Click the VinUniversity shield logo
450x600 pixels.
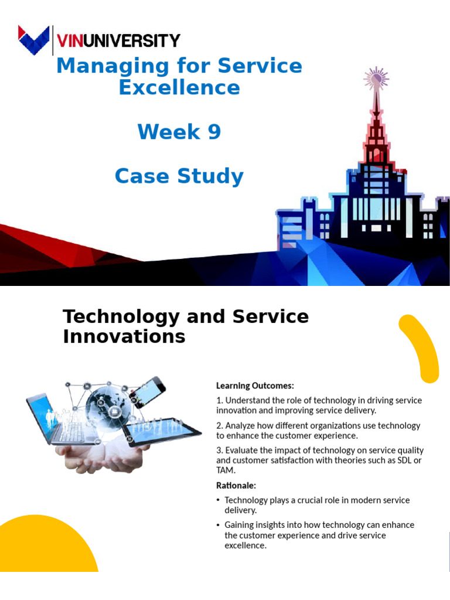(33, 40)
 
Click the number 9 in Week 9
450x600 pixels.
(214, 132)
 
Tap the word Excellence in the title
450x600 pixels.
(179, 87)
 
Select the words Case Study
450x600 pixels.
(179, 176)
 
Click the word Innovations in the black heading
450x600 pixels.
(124, 336)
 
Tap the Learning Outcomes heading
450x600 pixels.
(255, 386)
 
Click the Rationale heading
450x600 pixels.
(236, 485)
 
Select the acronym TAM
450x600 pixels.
(225, 470)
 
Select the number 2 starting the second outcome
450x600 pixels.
(219, 425)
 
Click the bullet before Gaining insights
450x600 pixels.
(219, 525)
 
